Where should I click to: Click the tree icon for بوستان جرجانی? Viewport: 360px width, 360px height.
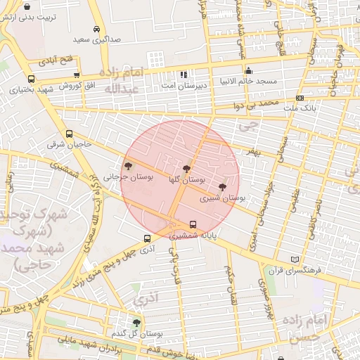coord(128,167)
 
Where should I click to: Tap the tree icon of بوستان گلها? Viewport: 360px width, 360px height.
coord(186,169)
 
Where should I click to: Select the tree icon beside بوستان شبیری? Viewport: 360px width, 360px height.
coord(223,187)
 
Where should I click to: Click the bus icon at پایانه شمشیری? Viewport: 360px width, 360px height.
coord(193,226)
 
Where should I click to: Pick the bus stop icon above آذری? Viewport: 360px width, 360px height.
coord(146,238)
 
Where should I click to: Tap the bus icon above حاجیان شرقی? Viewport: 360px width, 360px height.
coord(68,134)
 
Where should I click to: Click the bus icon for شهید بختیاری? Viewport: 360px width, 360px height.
coord(31,79)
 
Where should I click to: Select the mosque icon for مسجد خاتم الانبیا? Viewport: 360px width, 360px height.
coord(248,70)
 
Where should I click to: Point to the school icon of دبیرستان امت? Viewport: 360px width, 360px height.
coord(184,74)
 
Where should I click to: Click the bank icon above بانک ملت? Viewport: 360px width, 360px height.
coord(300,98)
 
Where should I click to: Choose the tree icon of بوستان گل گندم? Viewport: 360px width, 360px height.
coord(136,322)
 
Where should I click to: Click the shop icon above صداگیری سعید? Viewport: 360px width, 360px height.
coord(96,30)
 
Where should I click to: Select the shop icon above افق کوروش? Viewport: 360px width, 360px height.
coord(76,75)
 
